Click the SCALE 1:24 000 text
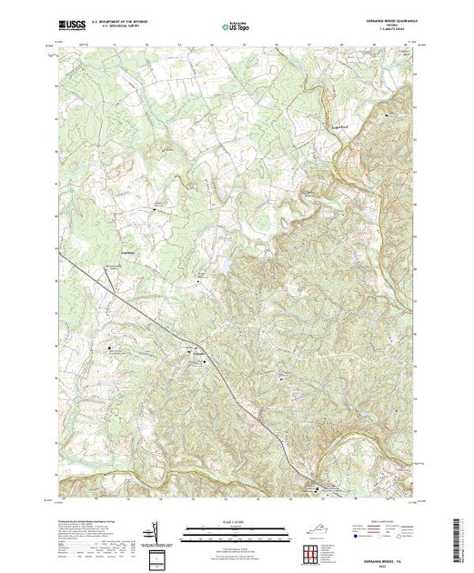click(237, 523)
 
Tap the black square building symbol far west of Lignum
click(114, 347)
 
